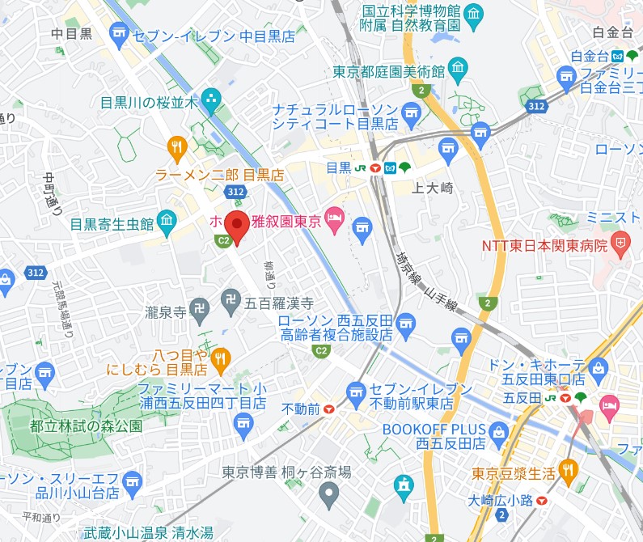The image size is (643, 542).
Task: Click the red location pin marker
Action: coord(235,226)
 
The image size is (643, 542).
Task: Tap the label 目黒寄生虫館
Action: coord(112,223)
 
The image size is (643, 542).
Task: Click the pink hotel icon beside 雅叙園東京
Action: coord(334,218)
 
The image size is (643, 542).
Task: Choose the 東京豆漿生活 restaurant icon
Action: coord(569,468)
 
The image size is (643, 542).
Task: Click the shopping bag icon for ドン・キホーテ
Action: coord(599,369)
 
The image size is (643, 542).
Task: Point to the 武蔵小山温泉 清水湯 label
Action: coord(149,532)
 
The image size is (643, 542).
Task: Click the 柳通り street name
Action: coord(269,276)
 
